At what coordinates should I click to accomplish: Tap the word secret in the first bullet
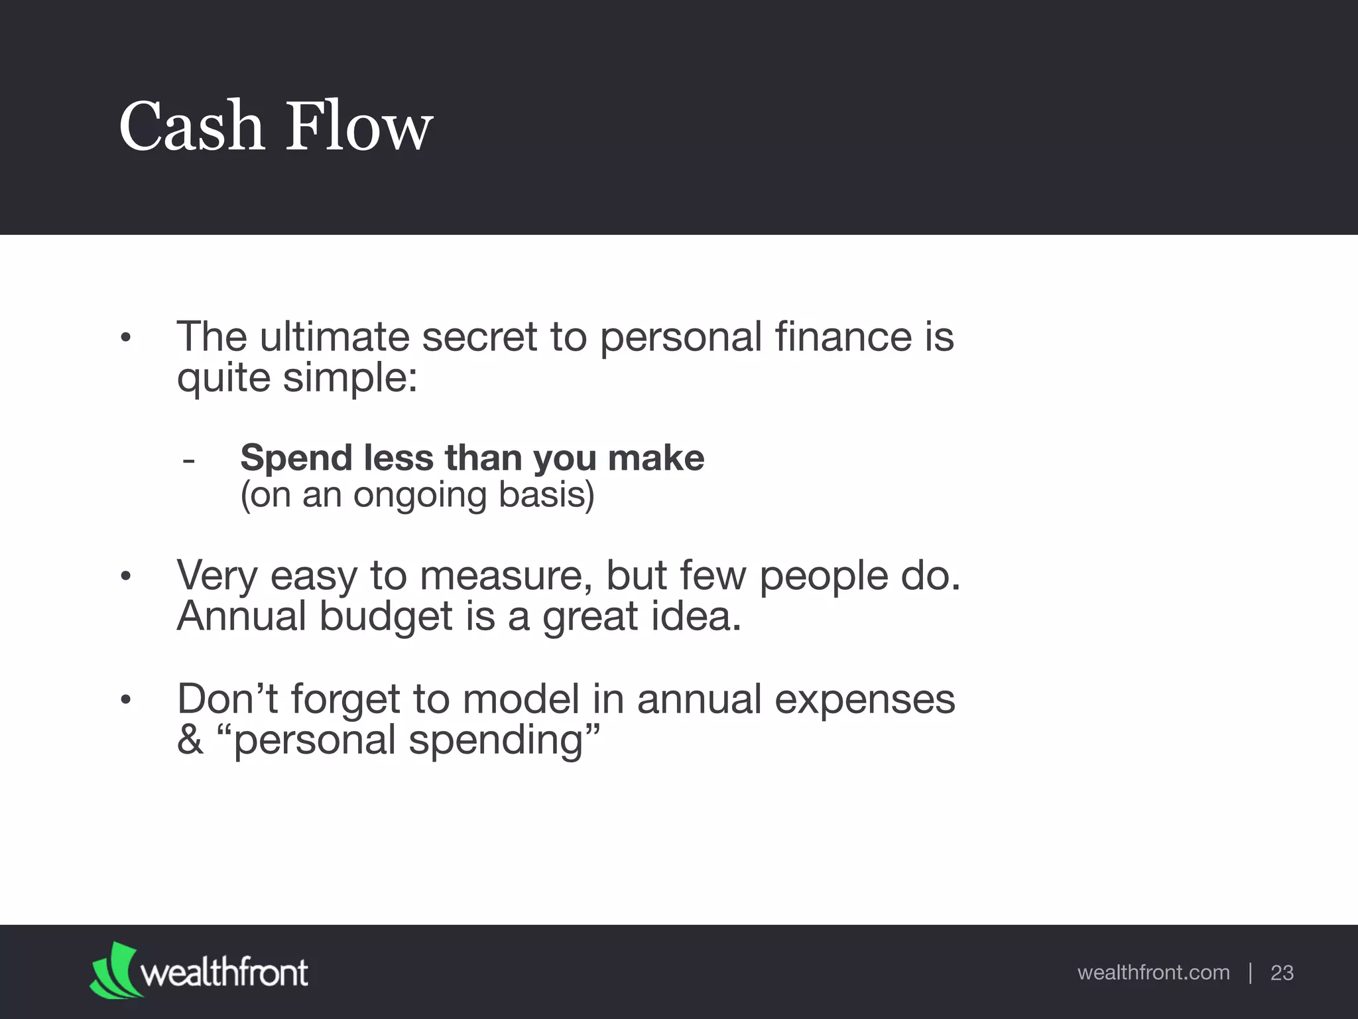[479, 336]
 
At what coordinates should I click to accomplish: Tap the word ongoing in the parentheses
[420, 494]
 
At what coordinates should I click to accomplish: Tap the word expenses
[865, 699]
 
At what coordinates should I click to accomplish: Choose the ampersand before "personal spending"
[190, 740]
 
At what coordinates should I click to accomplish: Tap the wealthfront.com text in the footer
[1153, 973]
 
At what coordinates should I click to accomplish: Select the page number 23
[1282, 973]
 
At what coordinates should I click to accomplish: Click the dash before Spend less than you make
[188, 460]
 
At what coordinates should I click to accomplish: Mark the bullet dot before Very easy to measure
[126, 577]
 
